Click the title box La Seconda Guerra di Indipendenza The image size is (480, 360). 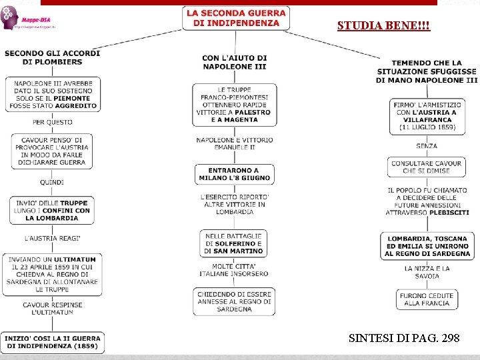coord(237,18)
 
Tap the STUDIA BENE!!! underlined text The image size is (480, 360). coord(383,26)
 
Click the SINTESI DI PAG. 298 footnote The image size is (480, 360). coord(403,339)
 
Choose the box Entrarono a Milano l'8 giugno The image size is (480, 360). coord(233,174)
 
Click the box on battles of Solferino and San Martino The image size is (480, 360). coord(233,243)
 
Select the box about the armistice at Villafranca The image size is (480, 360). coord(427,116)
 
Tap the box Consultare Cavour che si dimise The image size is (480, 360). coord(427,167)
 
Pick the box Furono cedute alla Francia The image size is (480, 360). coord(427,299)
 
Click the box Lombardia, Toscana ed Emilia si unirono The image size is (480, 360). coord(427,246)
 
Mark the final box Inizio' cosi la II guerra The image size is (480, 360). coord(52,342)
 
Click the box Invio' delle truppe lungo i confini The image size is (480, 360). coord(52,210)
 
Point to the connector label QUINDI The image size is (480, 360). coord(52,181)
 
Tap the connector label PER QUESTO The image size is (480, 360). coord(52,123)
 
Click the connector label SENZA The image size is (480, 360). coord(427,146)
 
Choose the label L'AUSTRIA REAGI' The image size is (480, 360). coord(52,238)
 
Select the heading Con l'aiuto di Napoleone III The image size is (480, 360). coord(234,62)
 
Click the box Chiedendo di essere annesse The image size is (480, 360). coord(234,301)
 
